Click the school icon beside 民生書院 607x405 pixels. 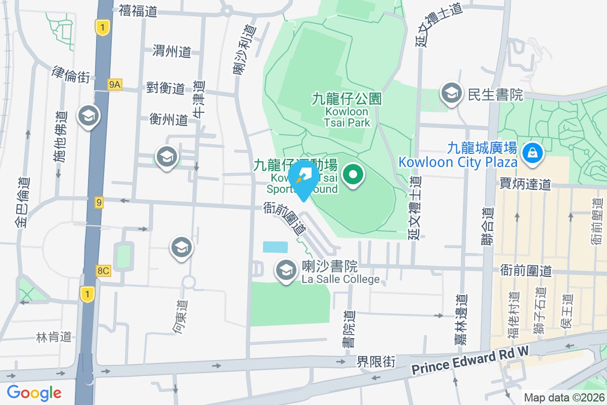pos(451,94)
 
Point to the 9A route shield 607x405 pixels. pos(115,85)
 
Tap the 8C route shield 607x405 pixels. pos(103,271)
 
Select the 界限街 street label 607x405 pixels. pos(375,361)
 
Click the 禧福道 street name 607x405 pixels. pos(138,11)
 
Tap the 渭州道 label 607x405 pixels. pos(171,51)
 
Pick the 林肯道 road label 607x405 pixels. pos(54,337)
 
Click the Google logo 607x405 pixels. pos(34,392)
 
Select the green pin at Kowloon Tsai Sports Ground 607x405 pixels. pos(353,175)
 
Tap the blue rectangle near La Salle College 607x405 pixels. pos(275,247)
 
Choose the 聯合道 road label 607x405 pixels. pos(487,227)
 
